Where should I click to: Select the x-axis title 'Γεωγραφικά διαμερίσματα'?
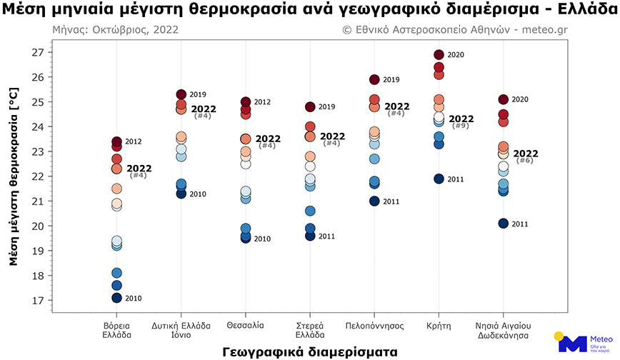click(309, 351)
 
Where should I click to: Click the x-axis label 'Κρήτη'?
click(439, 325)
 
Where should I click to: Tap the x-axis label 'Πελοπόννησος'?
click(374, 325)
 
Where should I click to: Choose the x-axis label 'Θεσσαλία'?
click(246, 325)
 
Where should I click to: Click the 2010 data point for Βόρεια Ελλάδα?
click(117, 298)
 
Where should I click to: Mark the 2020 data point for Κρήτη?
click(439, 55)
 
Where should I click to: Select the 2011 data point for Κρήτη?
click(439, 179)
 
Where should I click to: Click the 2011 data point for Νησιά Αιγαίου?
click(504, 224)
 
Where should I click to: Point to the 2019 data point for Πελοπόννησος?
click(374, 80)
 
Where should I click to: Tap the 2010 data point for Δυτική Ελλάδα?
click(181, 194)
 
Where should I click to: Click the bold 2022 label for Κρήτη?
click(461, 119)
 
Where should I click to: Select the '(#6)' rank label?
click(524, 161)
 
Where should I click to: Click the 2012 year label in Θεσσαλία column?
click(262, 102)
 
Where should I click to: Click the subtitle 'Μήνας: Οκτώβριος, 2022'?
click(115, 30)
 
